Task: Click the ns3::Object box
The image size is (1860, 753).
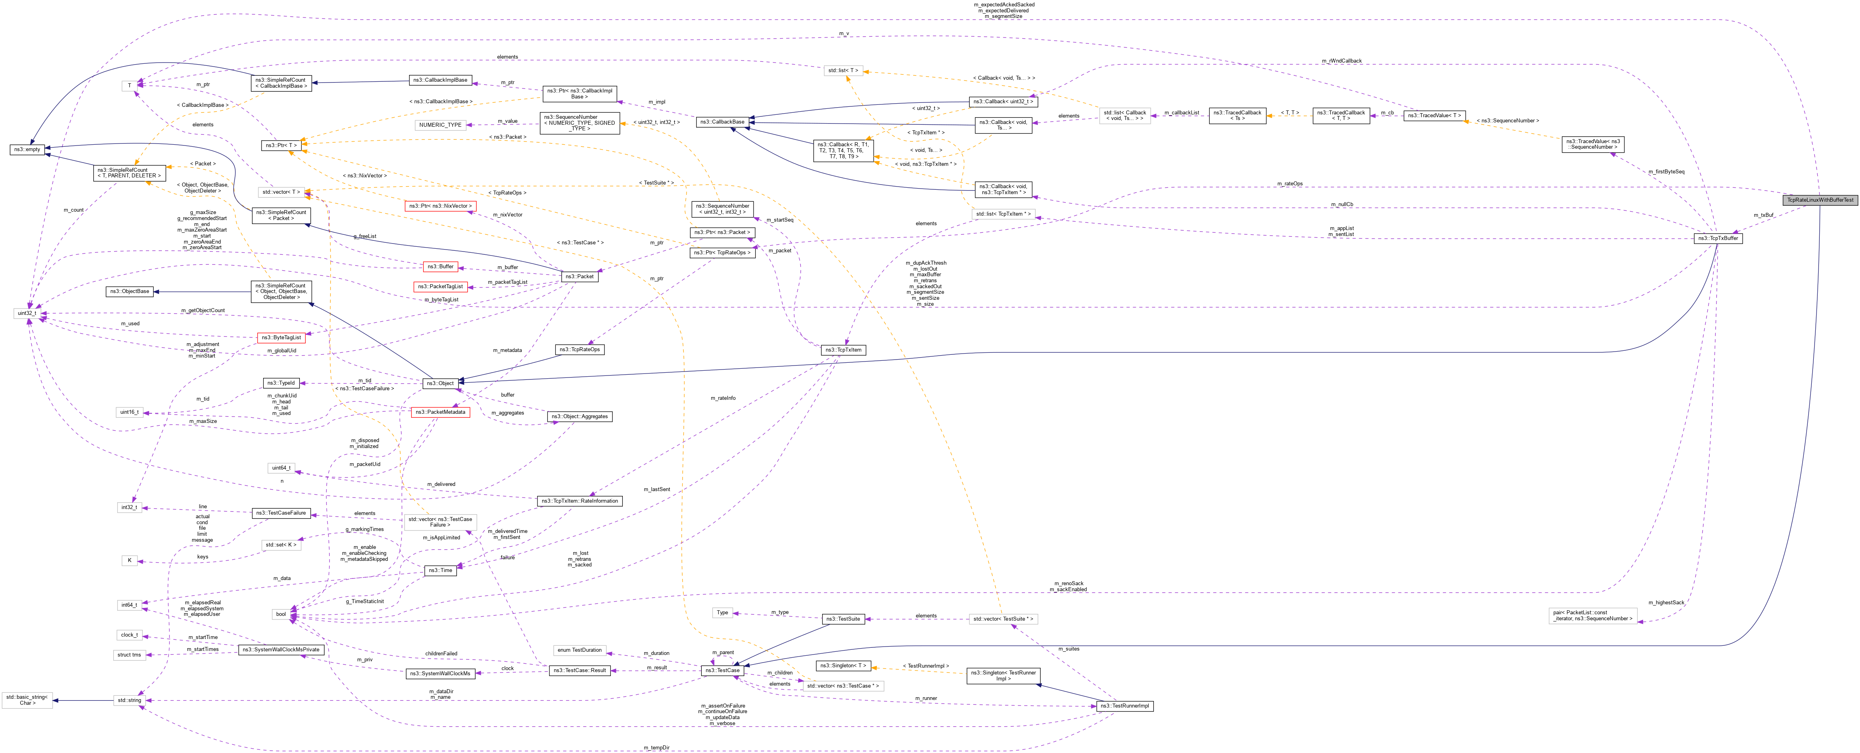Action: (x=440, y=383)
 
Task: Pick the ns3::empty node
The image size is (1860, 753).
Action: (x=27, y=149)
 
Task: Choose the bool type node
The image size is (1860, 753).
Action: (x=281, y=614)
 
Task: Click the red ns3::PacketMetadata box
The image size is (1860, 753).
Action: (x=440, y=412)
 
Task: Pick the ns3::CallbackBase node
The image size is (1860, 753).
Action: (x=720, y=122)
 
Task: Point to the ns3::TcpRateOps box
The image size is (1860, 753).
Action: (x=579, y=350)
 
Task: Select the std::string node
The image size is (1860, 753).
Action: (x=129, y=700)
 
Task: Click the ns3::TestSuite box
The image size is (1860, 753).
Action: (x=843, y=619)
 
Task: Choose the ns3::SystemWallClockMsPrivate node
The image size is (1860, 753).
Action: (x=281, y=650)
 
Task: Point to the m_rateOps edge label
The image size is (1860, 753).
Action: (x=1289, y=184)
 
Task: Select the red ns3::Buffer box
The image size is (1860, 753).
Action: (x=440, y=266)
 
